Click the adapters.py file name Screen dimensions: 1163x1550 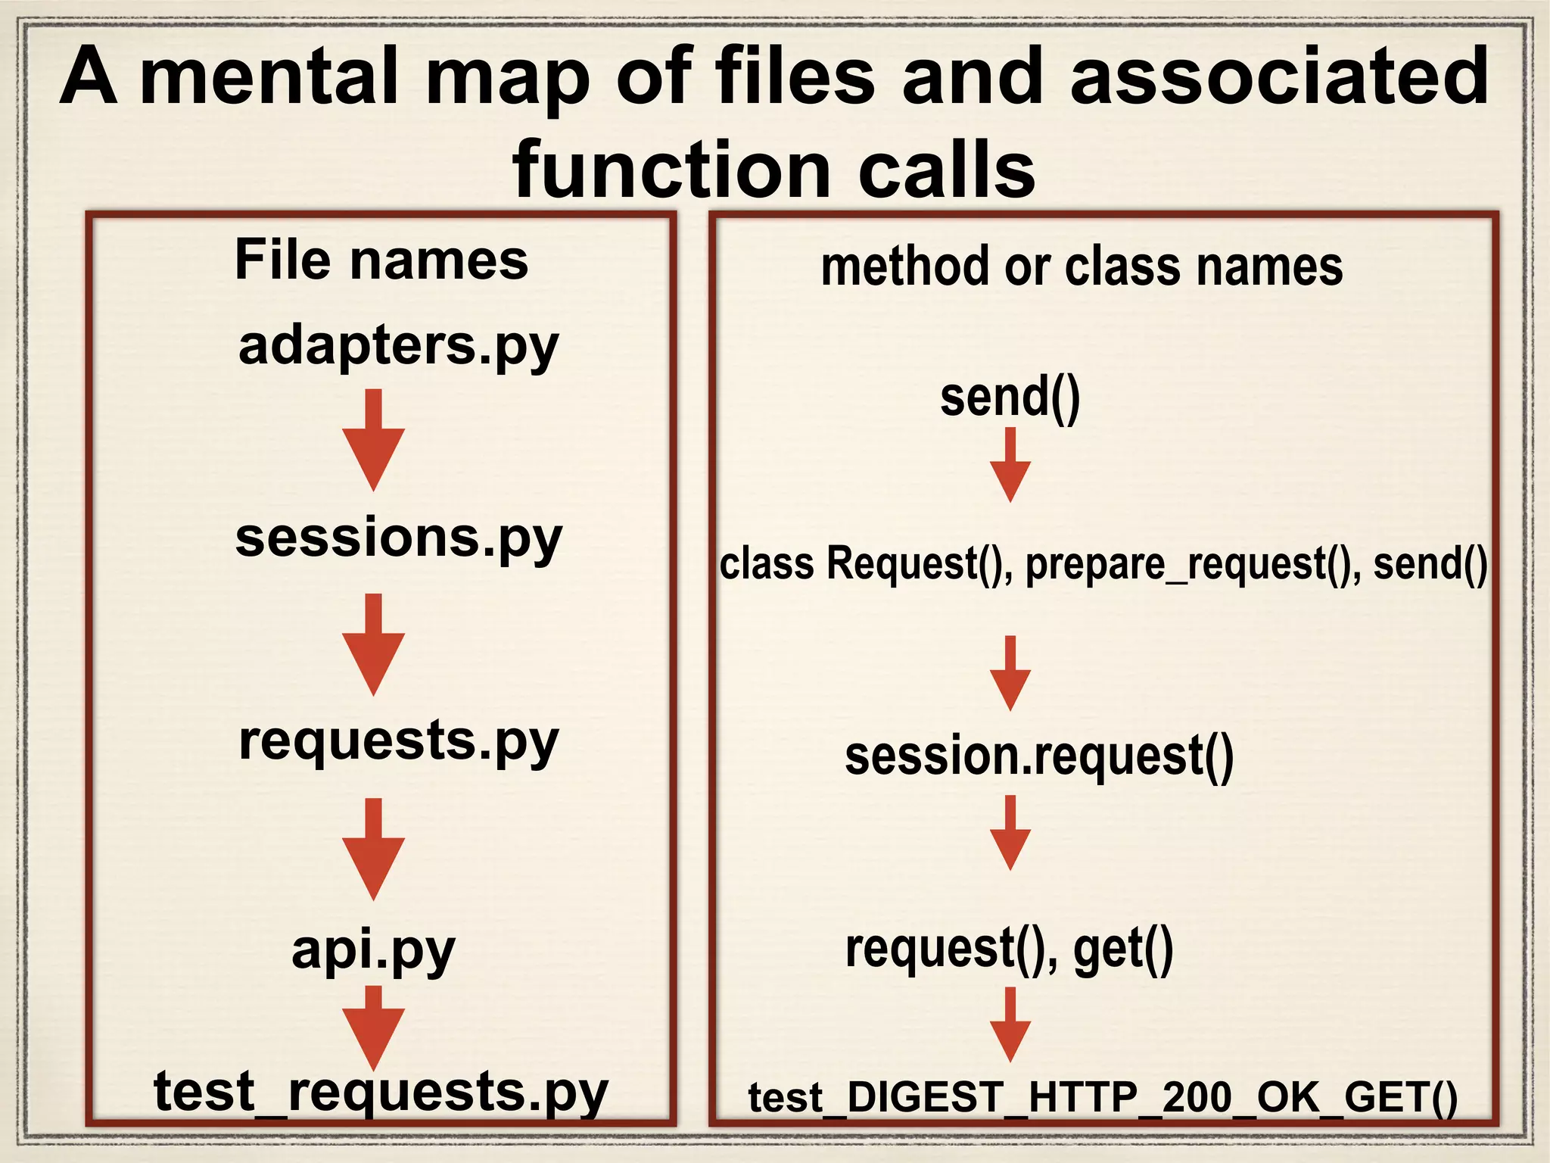[x=398, y=347]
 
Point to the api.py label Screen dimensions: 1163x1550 [x=373, y=950]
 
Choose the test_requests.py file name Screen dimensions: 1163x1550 [x=381, y=1092]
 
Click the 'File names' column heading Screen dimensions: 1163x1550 [x=381, y=260]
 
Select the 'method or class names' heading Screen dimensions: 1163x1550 [x=1082, y=267]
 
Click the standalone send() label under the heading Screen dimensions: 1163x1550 [x=1010, y=398]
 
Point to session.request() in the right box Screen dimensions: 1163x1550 [x=1039, y=756]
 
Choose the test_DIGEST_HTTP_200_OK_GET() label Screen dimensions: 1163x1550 [x=1103, y=1098]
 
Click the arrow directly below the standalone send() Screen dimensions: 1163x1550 [x=1010, y=465]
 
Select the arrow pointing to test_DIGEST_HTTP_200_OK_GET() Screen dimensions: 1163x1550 [x=1010, y=1025]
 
